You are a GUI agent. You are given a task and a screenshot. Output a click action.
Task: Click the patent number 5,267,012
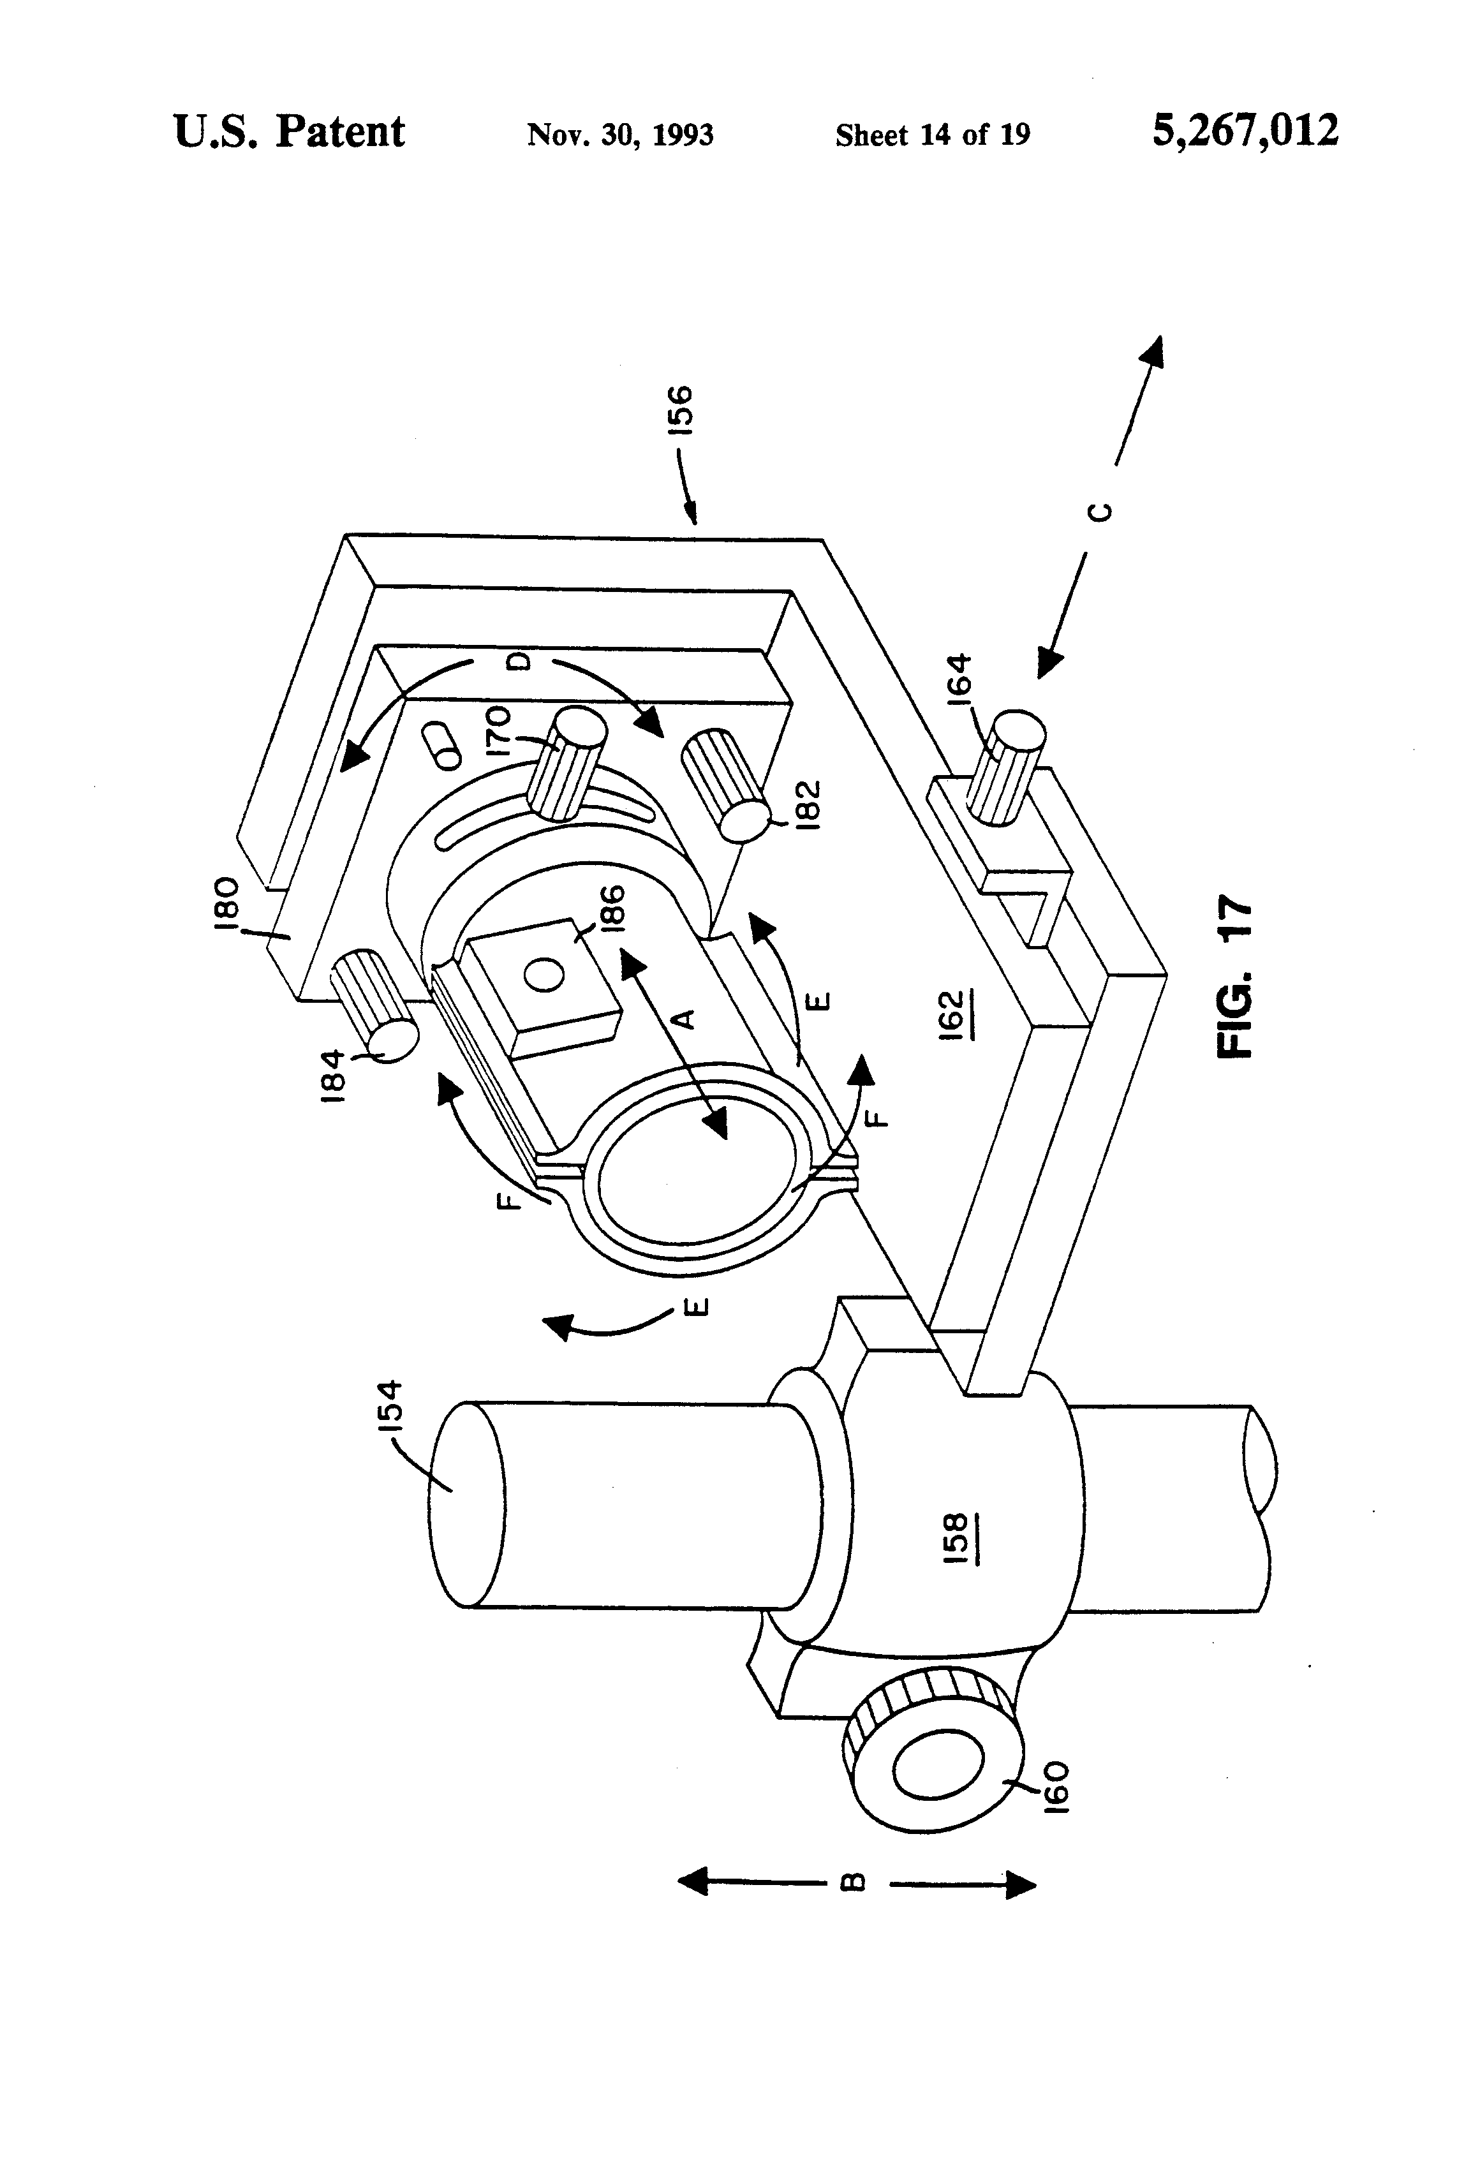[x=1245, y=131]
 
